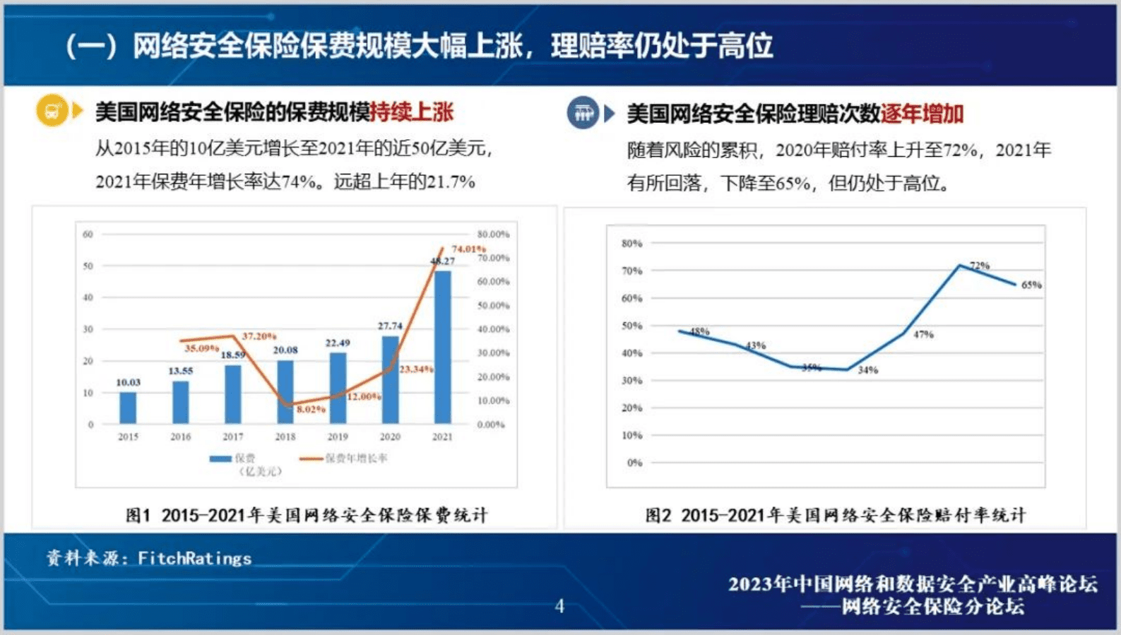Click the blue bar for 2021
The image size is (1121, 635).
click(x=442, y=348)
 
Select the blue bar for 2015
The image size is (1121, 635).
click(x=128, y=408)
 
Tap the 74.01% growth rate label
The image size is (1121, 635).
click(x=468, y=249)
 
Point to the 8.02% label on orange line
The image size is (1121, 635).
click(x=311, y=410)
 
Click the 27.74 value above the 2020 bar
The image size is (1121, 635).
click(x=390, y=326)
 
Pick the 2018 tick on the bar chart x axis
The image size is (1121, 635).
click(x=285, y=437)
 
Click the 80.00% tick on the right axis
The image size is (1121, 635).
click(x=493, y=234)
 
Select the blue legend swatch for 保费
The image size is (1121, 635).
click(x=220, y=458)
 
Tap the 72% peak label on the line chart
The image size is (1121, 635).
click(x=979, y=266)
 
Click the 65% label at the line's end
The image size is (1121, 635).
click(x=1031, y=285)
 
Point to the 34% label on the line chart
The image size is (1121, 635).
click(x=867, y=370)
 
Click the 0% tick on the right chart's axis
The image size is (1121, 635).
click(x=634, y=463)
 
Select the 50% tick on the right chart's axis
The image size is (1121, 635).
click(x=631, y=326)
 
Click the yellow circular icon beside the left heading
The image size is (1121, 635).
click(x=52, y=111)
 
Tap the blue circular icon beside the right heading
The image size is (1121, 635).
click(x=583, y=112)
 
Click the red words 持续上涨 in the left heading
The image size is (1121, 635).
click(x=412, y=112)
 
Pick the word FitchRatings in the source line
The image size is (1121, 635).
click(x=194, y=559)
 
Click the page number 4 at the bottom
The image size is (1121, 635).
click(x=559, y=606)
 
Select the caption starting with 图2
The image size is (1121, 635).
click(x=835, y=515)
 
